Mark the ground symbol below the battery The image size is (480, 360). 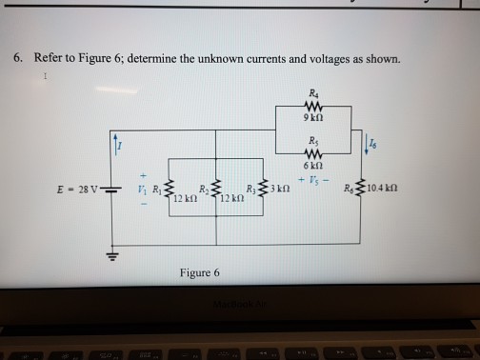117,256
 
